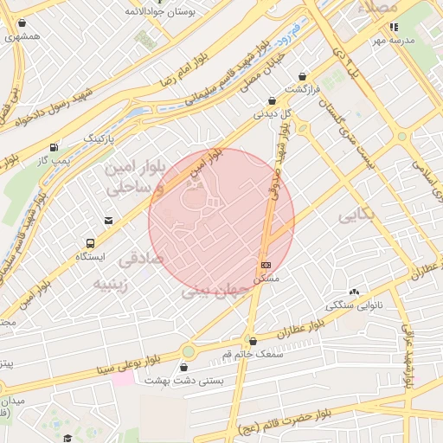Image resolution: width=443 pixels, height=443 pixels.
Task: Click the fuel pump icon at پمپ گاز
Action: click(55, 147)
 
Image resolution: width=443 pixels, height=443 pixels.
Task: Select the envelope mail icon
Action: click(108, 221)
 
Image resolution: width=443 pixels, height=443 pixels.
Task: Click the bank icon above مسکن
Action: click(266, 265)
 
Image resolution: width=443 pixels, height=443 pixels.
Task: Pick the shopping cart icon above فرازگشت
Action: click(301, 75)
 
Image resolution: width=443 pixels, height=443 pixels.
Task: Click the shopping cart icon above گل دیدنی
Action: click(272, 100)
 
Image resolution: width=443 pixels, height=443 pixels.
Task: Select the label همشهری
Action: click(22, 37)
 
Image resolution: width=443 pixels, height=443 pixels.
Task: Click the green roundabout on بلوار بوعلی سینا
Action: click(189, 351)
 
